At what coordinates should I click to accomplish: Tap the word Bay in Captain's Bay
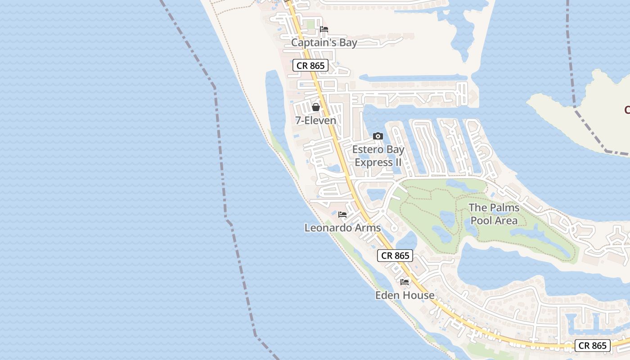point(347,43)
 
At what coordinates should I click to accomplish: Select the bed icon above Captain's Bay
point(324,29)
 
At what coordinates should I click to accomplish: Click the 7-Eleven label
point(315,120)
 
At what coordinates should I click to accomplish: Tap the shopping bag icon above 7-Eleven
point(316,107)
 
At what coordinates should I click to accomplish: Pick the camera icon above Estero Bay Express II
point(378,136)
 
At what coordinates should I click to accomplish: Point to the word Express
point(373,162)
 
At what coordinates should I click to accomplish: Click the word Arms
point(369,228)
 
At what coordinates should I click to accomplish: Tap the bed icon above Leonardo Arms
point(342,215)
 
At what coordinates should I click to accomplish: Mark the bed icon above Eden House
point(405,282)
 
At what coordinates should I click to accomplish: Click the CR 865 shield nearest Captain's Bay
point(310,65)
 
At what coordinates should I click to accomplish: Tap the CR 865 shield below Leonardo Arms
point(395,256)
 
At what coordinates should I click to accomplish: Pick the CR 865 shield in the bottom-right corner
point(593,346)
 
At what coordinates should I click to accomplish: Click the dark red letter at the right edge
point(627,109)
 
